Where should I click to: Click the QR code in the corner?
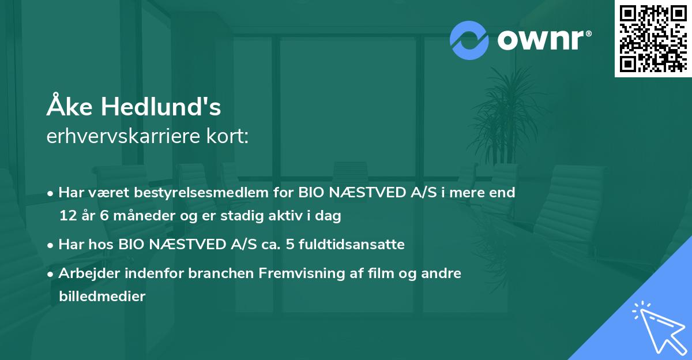pos(653,38)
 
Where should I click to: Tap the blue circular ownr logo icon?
pos(469,40)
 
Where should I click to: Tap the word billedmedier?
pos(102,297)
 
